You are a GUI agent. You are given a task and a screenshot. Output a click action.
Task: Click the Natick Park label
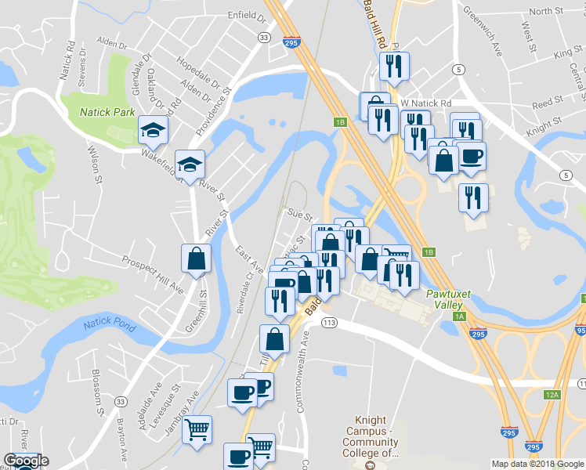pyautogui.click(x=107, y=112)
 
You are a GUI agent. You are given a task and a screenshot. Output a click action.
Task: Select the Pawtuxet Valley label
pyautogui.click(x=448, y=299)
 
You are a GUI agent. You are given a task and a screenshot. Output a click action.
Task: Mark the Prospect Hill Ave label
pyautogui.click(x=154, y=274)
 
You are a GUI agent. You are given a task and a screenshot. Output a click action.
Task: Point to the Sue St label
pyautogui.click(x=300, y=214)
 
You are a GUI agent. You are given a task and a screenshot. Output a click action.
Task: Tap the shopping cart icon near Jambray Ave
pyautogui.click(x=197, y=428)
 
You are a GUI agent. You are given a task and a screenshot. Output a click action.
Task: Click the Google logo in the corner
pyautogui.click(x=26, y=461)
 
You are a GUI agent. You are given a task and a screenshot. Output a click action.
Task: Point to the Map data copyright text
pyautogui.click(x=537, y=464)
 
